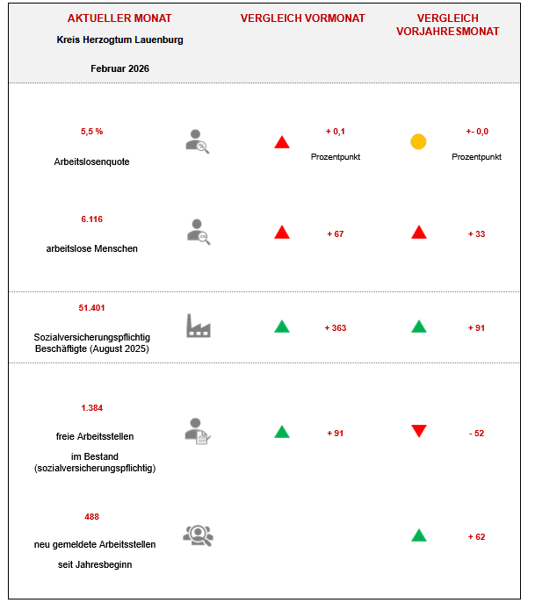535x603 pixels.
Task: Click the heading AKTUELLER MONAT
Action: pyautogui.click(x=119, y=18)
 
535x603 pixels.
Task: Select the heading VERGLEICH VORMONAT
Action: pyautogui.click(x=303, y=18)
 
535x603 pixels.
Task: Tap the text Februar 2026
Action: pyautogui.click(x=119, y=68)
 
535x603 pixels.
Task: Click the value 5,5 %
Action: pyautogui.click(x=91, y=132)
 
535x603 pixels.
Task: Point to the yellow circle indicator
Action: pyautogui.click(x=418, y=141)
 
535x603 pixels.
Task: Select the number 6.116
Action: pyautogui.click(x=91, y=219)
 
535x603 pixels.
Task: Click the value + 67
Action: pyautogui.click(x=336, y=234)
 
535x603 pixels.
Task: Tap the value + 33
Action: pyautogui.click(x=476, y=234)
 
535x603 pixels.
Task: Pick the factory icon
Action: pyautogui.click(x=199, y=326)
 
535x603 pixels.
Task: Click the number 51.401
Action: pyautogui.click(x=91, y=308)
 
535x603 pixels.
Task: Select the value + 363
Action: pyautogui.click(x=336, y=328)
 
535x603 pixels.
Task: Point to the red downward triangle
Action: pyautogui.click(x=419, y=431)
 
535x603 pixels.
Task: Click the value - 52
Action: pyautogui.click(x=476, y=434)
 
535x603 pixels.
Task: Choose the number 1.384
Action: pyautogui.click(x=91, y=408)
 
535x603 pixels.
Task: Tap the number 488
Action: pyautogui.click(x=91, y=517)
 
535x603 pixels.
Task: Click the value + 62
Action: pyautogui.click(x=476, y=536)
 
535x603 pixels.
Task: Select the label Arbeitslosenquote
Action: pyautogui.click(x=91, y=162)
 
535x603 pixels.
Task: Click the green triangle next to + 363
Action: pyautogui.click(x=281, y=327)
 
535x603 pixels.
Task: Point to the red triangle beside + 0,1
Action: pyautogui.click(x=281, y=142)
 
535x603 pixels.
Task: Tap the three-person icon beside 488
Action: pyautogui.click(x=198, y=535)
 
